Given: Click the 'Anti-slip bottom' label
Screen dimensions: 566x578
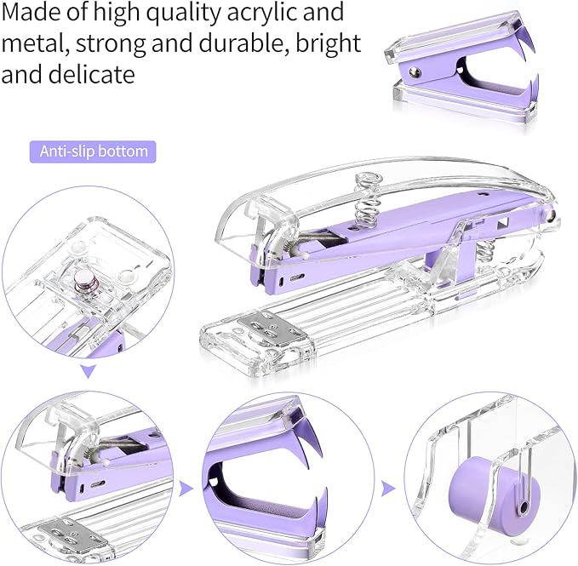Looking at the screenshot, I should (x=94, y=152).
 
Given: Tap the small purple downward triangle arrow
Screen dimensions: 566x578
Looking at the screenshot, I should (x=88, y=370).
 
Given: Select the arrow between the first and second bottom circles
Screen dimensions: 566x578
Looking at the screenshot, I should (x=185, y=488).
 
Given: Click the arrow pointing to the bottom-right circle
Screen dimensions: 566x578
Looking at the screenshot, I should (x=387, y=488).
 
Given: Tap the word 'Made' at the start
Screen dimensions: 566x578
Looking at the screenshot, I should (x=31, y=13).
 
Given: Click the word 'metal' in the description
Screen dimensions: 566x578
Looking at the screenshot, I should (x=30, y=43).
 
